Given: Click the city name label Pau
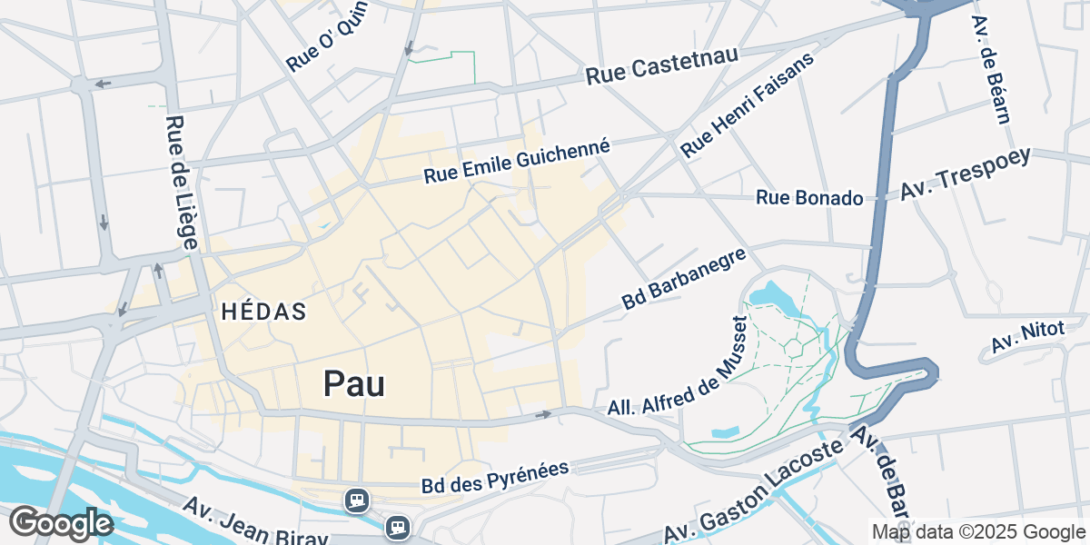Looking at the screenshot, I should point(354,384).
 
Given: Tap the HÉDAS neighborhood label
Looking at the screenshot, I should point(264,312).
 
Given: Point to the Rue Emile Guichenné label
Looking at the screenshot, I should point(516,161).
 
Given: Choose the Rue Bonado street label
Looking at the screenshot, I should point(809,197).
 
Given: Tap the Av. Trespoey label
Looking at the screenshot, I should point(966,174).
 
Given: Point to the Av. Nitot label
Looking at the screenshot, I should point(1026,339).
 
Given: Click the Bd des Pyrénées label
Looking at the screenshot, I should point(495,479).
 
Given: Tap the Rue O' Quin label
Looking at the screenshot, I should point(323,47).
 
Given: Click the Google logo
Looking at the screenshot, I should point(61,524).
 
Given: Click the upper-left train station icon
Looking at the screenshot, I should point(355,500).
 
